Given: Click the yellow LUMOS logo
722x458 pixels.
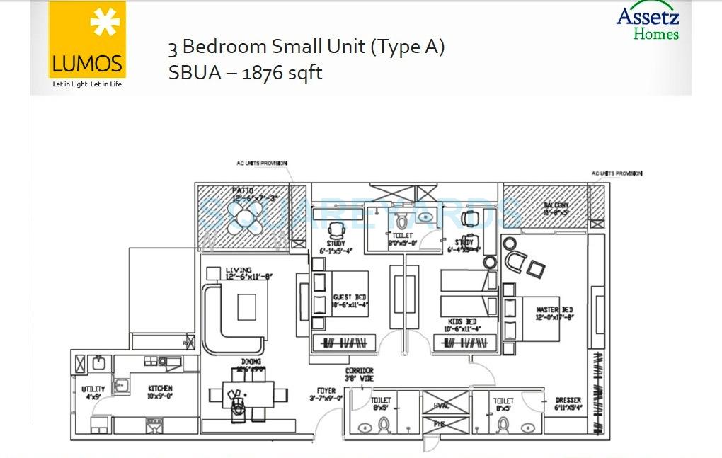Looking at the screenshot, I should [x=88, y=40].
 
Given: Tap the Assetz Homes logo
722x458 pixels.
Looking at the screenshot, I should [x=647, y=23].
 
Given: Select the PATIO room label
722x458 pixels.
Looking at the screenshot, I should [x=243, y=190].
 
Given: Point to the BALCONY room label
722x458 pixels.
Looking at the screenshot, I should [x=556, y=205].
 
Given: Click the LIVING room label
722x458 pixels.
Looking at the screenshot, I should [x=239, y=270].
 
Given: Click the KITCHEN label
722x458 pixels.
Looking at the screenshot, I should [x=160, y=389].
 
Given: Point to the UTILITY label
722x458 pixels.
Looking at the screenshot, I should [x=93, y=389].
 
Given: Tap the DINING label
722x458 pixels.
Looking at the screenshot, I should [x=246, y=362].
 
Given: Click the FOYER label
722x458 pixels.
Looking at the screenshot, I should [x=326, y=389].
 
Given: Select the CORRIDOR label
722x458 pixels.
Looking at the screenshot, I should [x=359, y=371].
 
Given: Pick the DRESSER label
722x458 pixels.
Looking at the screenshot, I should [x=568, y=401].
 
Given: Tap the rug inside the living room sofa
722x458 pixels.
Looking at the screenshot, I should [x=246, y=307].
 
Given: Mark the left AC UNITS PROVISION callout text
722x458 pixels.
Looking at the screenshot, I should [x=261, y=164].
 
